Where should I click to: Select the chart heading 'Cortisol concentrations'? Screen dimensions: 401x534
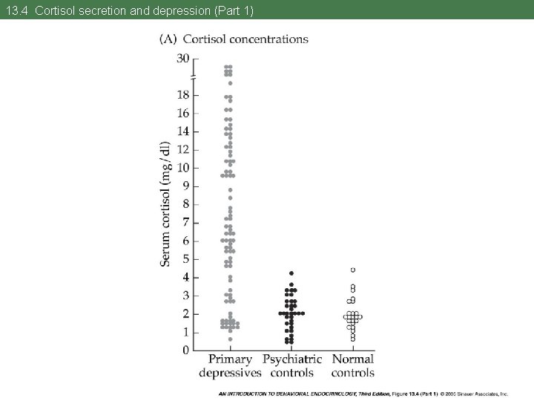point(245,39)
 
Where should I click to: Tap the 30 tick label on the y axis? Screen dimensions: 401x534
point(183,59)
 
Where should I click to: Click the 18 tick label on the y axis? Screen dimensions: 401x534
point(183,95)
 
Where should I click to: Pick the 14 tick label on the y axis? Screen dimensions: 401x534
point(183,131)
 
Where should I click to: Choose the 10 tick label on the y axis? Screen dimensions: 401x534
point(183,168)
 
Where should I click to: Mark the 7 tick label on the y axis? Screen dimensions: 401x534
point(186,222)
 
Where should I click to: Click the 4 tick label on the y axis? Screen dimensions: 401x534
point(186,277)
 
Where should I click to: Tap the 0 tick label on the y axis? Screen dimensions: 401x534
point(186,350)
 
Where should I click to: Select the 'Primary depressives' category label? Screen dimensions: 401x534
point(230,366)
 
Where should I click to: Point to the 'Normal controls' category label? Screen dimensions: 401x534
point(353,366)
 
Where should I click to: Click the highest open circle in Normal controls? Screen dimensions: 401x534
point(353,270)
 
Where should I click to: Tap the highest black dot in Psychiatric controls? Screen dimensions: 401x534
point(291,273)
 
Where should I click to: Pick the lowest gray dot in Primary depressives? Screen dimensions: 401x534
point(230,339)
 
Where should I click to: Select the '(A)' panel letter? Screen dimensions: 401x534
point(168,39)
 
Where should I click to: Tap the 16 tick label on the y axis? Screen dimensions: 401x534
point(183,114)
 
